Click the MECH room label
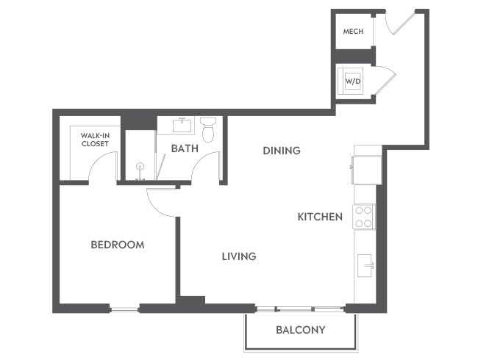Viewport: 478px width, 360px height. coord(353,32)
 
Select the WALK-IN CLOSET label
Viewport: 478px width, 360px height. coord(95,140)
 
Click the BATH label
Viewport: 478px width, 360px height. coord(184,148)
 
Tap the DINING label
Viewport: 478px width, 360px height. coord(282,151)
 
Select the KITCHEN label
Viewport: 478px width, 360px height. coord(320,217)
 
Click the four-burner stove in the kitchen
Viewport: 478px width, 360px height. coord(364,217)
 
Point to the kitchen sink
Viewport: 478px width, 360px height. coord(365,265)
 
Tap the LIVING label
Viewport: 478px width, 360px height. coord(239,256)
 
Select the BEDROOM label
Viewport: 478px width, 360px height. coord(117,245)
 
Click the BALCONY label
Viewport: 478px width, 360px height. coord(300,330)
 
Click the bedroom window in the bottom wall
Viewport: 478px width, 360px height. coord(124,309)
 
